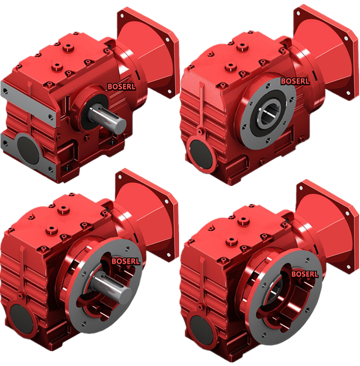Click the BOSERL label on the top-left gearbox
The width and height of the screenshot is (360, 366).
click(121, 86)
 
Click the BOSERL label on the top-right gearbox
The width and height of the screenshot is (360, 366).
click(295, 81)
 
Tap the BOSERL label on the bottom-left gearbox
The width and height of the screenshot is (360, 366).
click(126, 261)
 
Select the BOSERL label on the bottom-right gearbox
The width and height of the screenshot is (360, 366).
click(305, 274)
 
